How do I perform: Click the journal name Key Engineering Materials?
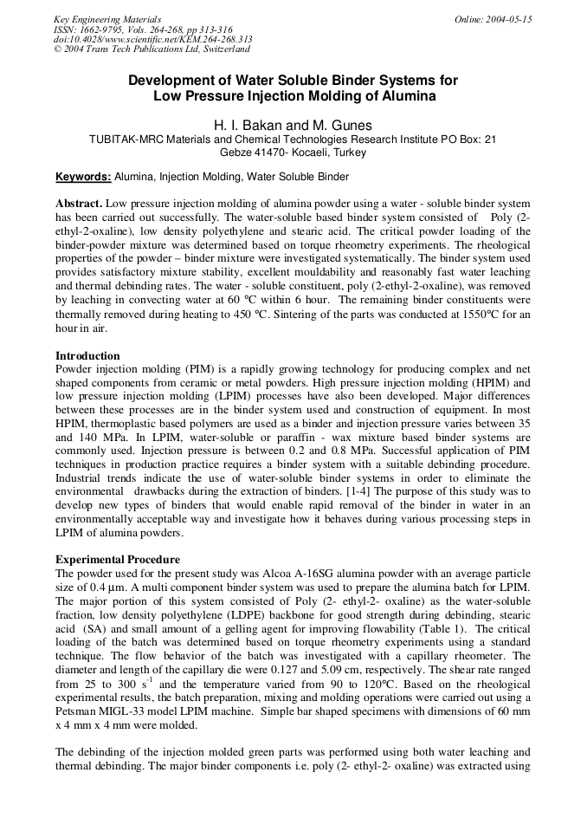[107, 19]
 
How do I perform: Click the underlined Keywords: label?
[83, 177]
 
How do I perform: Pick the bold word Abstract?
[79, 202]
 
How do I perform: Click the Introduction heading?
[87, 355]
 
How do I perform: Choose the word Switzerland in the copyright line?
[219, 50]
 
